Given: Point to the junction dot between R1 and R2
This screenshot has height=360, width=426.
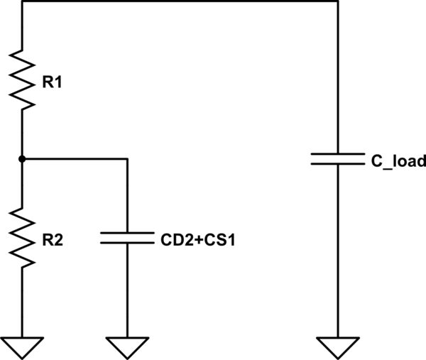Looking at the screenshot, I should pyautogui.click(x=23, y=159).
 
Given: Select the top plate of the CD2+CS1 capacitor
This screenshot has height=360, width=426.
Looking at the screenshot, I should pyautogui.click(x=126, y=232).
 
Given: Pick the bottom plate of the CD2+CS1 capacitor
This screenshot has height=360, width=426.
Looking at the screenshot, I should pyautogui.click(x=126, y=242).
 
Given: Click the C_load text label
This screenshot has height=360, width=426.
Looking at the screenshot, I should pyautogui.click(x=398, y=162).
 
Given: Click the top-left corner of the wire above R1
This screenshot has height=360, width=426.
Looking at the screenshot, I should pyautogui.click(x=23, y=2).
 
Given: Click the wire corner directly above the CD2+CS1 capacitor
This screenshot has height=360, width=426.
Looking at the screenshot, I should pyautogui.click(x=126, y=159).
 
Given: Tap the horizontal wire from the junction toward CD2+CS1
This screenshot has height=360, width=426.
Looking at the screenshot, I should pyautogui.click(x=75, y=159).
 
